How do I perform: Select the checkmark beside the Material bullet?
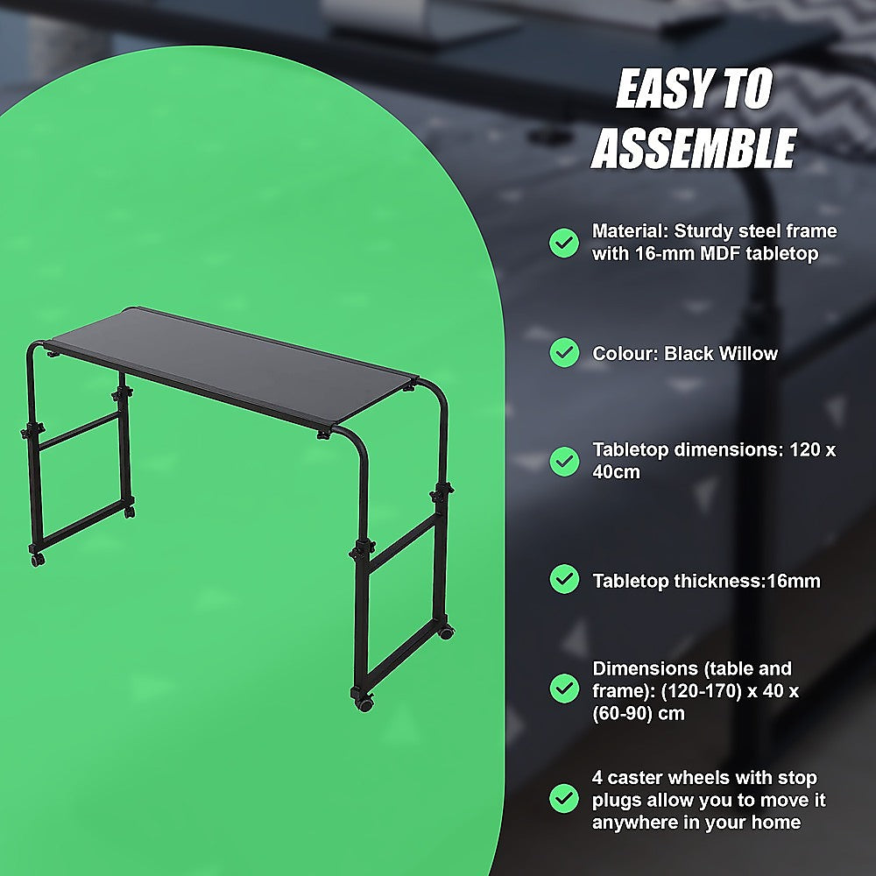(563, 243)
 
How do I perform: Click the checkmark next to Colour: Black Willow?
(563, 353)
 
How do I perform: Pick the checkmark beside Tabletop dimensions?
(563, 461)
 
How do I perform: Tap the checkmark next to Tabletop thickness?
(563, 579)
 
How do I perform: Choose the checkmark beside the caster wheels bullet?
(563, 799)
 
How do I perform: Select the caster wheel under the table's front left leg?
(37, 557)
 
